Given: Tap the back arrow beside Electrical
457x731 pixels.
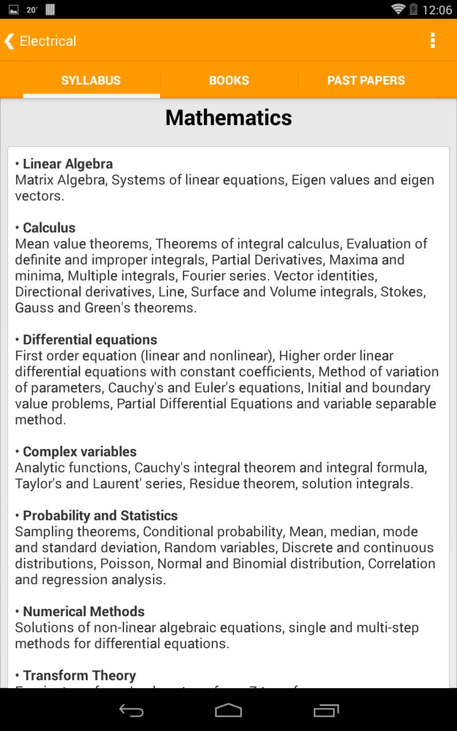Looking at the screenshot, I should click(x=9, y=41).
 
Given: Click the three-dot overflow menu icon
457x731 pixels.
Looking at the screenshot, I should click(x=432, y=41).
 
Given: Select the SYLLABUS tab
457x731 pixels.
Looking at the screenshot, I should click(x=91, y=81).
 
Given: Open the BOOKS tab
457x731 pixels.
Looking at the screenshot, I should click(x=229, y=81).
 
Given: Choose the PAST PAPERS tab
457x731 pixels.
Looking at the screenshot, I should click(x=366, y=81).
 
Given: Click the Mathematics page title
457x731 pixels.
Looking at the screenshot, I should click(x=228, y=118).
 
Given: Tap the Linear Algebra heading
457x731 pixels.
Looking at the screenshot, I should click(x=67, y=164).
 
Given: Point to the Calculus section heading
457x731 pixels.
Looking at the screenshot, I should click(x=49, y=228).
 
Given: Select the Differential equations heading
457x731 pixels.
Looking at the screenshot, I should click(x=90, y=340).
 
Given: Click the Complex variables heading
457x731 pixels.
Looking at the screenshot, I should click(x=79, y=452).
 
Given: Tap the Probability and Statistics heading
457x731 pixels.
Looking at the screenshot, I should click(x=100, y=516).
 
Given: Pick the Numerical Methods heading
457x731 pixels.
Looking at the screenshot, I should click(x=83, y=612).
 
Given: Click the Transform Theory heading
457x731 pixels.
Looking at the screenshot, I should click(x=79, y=676).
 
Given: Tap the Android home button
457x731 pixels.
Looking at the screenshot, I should click(x=228, y=710).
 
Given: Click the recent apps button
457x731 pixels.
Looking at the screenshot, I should click(x=326, y=710).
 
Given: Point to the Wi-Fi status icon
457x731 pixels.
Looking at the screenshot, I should click(x=398, y=9).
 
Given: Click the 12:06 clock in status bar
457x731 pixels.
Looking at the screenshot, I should click(x=437, y=10).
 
